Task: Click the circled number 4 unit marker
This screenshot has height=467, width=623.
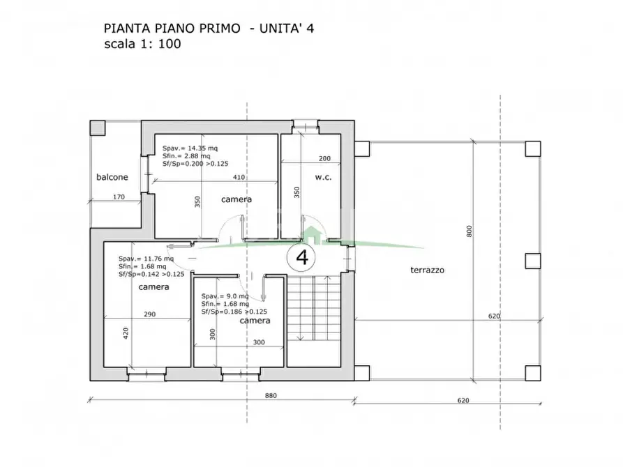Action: [302, 257]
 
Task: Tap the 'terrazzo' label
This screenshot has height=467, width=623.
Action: [428, 270]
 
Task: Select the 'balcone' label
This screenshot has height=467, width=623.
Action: [112, 177]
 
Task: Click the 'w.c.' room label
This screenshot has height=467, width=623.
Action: [322, 177]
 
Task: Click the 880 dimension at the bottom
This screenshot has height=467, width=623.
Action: [271, 396]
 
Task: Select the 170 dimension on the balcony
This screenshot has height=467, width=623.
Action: [119, 197]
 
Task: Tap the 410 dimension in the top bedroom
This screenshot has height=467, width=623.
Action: [239, 177]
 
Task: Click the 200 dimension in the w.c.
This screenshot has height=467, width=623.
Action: [324, 159]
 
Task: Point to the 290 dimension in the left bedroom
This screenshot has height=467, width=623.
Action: [149, 314]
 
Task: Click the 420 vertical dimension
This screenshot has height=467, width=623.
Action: [126, 333]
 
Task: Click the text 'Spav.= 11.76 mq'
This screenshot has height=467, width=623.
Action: [146, 258]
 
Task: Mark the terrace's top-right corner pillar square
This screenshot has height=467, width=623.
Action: [533, 148]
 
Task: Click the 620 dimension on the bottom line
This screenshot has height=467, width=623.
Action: [463, 400]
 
